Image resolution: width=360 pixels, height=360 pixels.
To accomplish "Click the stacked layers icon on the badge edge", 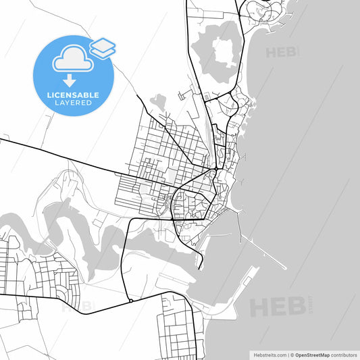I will coord(103,47).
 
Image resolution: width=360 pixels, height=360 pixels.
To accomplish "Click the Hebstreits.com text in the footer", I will coord(269,354).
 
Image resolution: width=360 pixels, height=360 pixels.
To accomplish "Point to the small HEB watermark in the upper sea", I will coord(281,53).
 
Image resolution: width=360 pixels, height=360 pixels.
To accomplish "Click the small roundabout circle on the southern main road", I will coord(130,300).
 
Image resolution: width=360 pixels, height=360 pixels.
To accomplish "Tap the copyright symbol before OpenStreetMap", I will coord(291,354).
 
